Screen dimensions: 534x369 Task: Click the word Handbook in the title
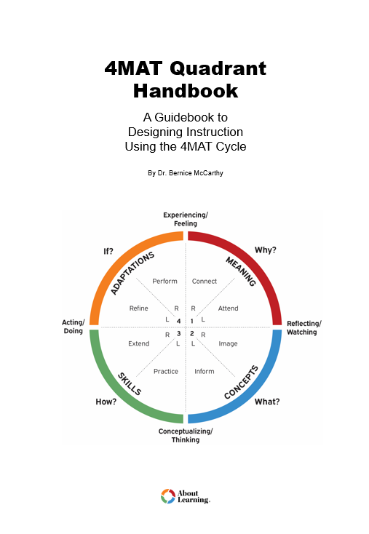185,91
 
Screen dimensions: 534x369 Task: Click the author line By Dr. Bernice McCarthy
185,174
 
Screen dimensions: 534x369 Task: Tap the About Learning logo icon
167,496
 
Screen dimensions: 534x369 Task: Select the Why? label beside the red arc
265,250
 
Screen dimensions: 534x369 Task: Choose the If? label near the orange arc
108,250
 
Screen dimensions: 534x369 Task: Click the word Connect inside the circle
205,281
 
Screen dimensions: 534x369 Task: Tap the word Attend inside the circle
228,308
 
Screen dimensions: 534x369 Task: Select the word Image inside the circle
228,343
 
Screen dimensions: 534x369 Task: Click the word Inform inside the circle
205,371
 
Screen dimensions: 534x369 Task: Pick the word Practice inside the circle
166,371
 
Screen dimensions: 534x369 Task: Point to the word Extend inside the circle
139,343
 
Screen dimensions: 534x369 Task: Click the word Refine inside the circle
139,308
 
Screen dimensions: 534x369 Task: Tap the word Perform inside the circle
165,281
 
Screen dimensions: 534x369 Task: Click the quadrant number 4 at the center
178,321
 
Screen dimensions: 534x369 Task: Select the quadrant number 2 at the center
192,333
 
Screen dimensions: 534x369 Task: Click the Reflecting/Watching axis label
303,327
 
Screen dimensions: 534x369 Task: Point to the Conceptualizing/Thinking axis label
185,435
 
